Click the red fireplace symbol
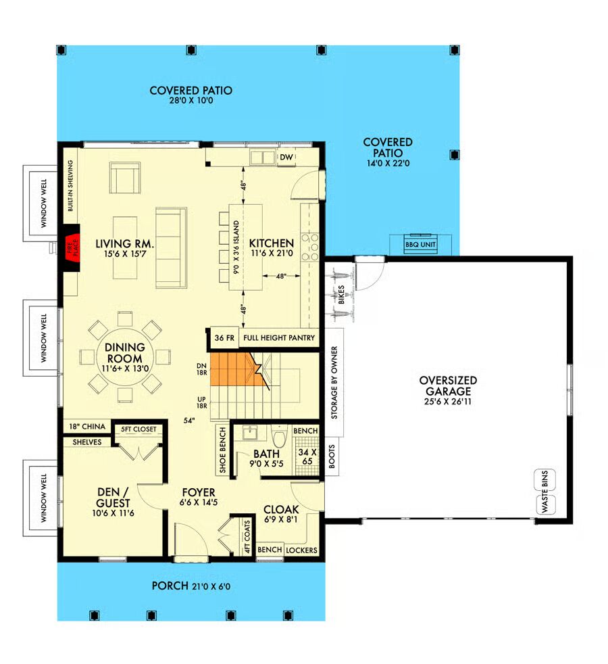(x=73, y=247)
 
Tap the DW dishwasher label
(x=286, y=157)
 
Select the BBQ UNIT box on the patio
(x=420, y=244)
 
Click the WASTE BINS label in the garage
(x=545, y=492)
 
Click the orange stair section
(x=239, y=369)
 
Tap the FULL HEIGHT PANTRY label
(x=279, y=338)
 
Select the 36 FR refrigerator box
(x=224, y=338)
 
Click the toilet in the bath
(x=279, y=436)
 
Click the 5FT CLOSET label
(x=138, y=429)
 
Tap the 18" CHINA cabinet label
(x=87, y=427)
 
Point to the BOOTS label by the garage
(x=332, y=456)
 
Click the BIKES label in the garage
(x=341, y=294)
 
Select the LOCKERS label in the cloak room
(x=302, y=550)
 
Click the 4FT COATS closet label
(x=247, y=537)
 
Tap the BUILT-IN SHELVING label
(x=70, y=185)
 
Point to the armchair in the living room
(x=125, y=178)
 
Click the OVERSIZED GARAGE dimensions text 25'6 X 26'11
(x=448, y=402)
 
